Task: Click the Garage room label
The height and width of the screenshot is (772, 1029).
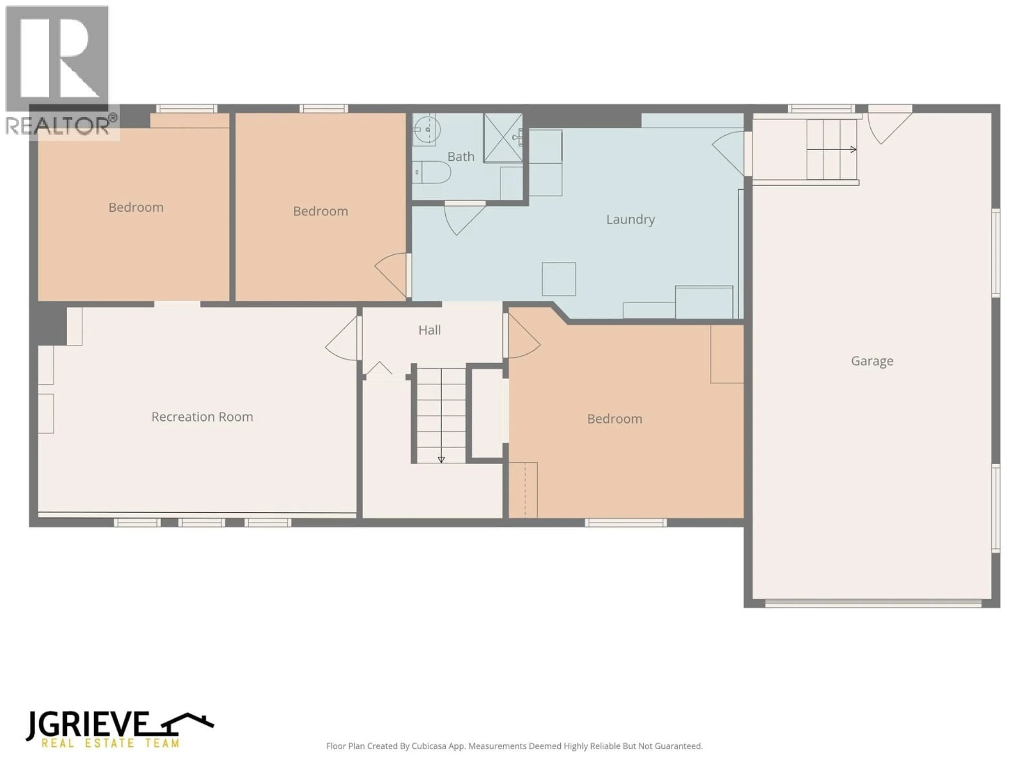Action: (x=872, y=361)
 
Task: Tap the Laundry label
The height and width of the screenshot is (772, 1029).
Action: (x=630, y=219)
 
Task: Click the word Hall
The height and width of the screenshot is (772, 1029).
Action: (x=429, y=331)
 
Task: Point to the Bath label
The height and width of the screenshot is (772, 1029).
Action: (x=461, y=157)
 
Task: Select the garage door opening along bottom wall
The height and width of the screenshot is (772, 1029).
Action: (x=873, y=604)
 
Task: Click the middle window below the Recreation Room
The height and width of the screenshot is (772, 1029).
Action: (x=202, y=523)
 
